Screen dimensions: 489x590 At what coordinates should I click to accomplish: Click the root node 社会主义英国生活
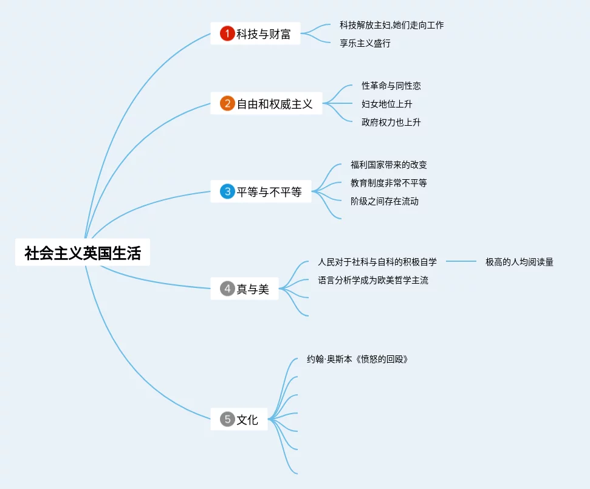[83, 253]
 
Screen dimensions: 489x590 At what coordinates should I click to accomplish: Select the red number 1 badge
[227, 34]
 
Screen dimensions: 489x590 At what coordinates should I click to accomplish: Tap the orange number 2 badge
[227, 104]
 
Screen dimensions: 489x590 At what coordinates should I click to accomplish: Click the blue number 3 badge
[227, 192]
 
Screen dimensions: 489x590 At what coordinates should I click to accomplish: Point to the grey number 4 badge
[227, 289]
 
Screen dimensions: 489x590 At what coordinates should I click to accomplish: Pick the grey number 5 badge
[227, 419]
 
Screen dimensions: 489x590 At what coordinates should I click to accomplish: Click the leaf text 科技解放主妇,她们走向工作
[391, 26]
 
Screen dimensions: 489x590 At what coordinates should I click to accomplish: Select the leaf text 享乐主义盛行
[365, 44]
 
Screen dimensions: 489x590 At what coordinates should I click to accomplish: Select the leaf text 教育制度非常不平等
[388, 183]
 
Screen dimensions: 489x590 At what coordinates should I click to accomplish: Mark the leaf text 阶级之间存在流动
[384, 202]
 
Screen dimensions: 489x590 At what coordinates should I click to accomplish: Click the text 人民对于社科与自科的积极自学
[377, 262]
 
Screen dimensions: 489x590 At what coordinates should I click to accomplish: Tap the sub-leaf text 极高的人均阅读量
[519, 262]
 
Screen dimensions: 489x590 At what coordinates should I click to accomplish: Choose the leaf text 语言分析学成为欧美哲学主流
[373, 281]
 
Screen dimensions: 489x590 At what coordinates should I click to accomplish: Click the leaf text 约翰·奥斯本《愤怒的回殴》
[357, 360]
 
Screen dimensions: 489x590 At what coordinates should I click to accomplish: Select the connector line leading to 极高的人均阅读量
[461, 262]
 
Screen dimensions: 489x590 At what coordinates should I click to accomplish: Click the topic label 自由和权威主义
[275, 104]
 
